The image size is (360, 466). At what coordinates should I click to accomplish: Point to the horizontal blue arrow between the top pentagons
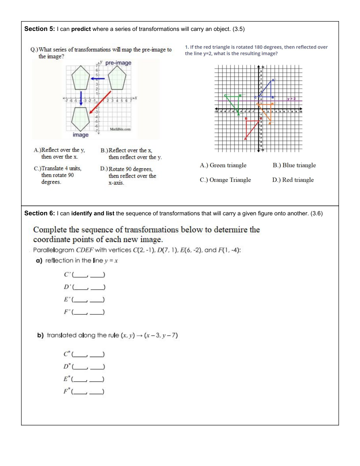(x=97, y=78)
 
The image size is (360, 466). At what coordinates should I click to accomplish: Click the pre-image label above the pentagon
(x=118, y=63)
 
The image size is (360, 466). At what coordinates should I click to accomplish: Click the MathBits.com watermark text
(x=120, y=129)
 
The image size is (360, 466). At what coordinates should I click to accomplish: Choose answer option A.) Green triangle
(x=223, y=165)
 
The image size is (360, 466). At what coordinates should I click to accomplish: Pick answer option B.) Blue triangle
(x=294, y=165)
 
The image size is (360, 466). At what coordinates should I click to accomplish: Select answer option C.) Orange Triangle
(x=225, y=180)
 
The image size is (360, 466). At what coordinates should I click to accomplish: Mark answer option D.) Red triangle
(x=293, y=180)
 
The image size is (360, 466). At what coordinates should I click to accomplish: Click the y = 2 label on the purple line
(x=292, y=99)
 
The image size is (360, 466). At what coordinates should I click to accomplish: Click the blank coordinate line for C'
(x=88, y=275)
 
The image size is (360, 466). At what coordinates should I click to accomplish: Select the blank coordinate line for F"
(x=88, y=392)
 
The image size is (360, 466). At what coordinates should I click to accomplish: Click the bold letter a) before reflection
(x=39, y=261)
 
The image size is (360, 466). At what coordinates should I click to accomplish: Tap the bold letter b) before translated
(x=40, y=335)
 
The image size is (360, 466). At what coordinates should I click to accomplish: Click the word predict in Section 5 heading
(x=81, y=29)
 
